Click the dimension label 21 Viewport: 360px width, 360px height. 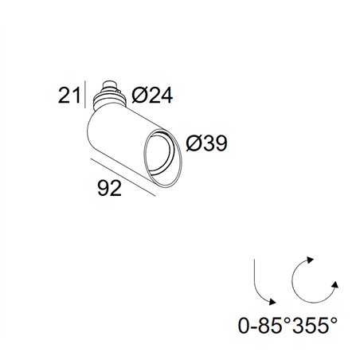(69, 96)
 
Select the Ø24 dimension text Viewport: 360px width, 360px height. (152, 96)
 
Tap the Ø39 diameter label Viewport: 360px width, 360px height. (207, 143)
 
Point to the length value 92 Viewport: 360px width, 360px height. (110, 188)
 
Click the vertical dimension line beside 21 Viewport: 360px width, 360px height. (85, 94)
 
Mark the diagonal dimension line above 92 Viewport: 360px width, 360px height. (123, 178)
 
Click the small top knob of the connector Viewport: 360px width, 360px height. (109, 85)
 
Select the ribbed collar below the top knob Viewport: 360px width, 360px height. (108, 100)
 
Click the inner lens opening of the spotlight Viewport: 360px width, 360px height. (160, 153)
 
